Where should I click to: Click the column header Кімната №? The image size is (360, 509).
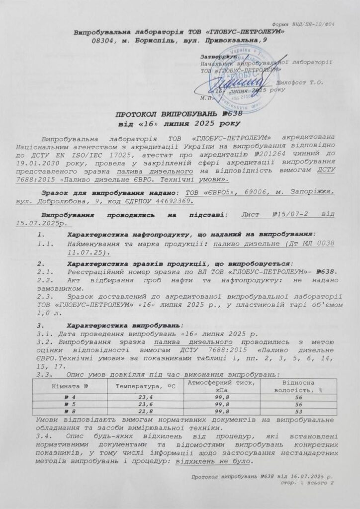coord(71,386)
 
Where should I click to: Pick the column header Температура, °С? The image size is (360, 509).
coord(141,386)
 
